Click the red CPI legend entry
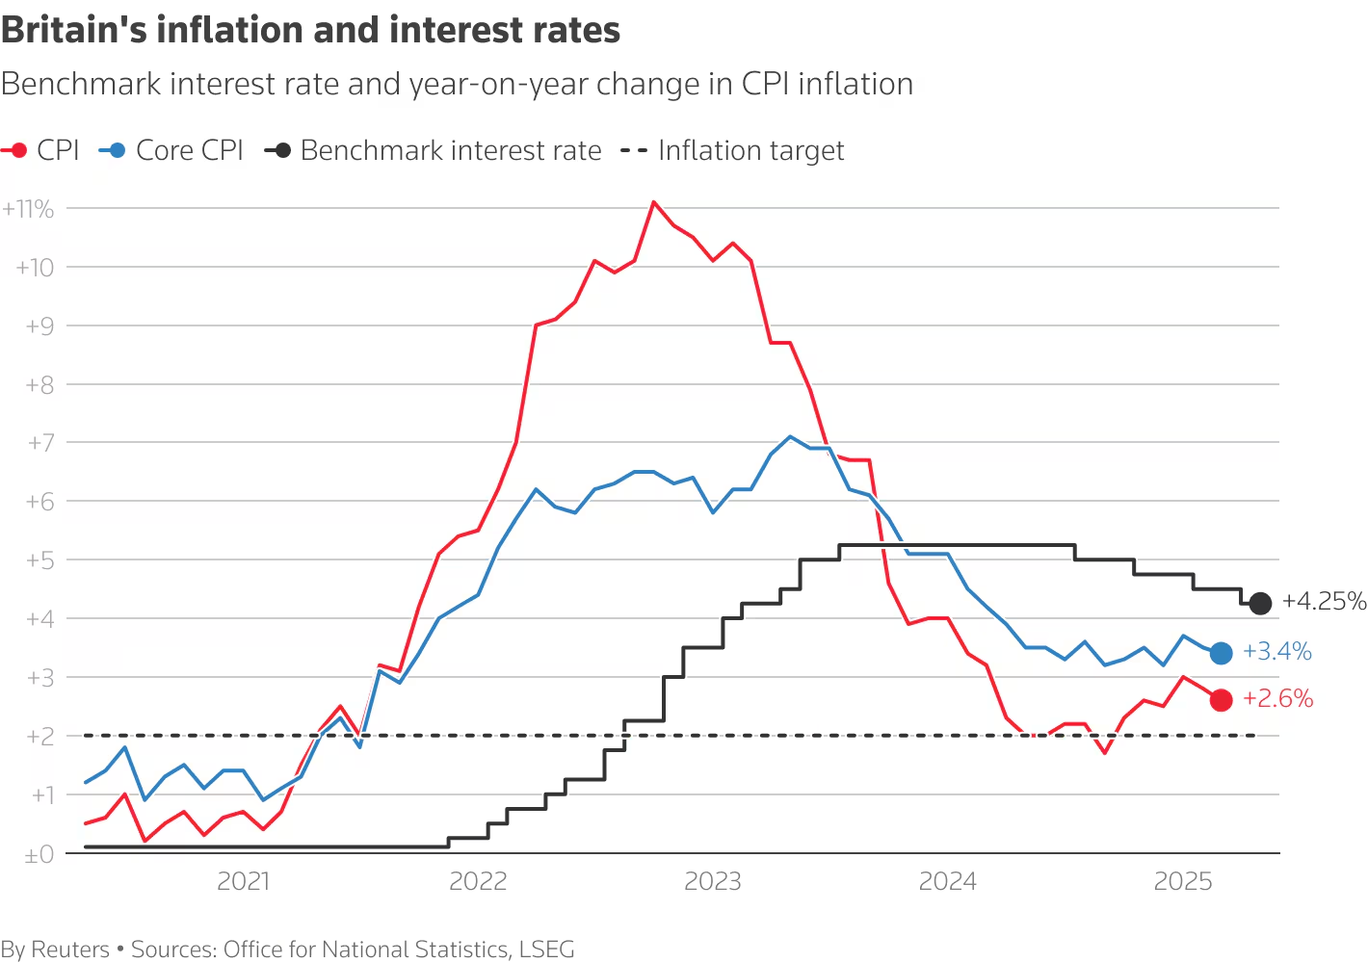[40, 151]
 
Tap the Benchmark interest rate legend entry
[434, 151]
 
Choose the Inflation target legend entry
[732, 151]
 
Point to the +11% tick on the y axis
[29, 209]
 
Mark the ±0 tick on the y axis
[39, 854]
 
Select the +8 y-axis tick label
[39, 385]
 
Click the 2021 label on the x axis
[243, 881]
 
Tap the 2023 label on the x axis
[713, 881]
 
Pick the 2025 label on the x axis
[1182, 881]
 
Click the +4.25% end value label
[1324, 602]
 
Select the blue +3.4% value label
[1277, 652]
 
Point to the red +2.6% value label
[1277, 699]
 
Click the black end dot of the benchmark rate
[1260, 604]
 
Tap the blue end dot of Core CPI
[1221, 653]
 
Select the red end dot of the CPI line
[1221, 700]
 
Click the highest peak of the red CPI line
[654, 202]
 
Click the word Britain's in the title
[73, 31]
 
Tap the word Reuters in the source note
[70, 950]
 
